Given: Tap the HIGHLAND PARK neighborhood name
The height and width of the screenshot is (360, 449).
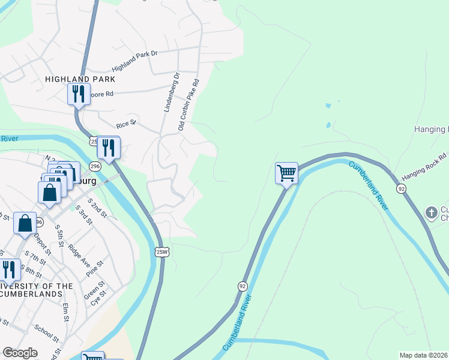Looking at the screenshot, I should (x=80, y=79).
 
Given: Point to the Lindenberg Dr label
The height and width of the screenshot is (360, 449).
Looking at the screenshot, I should (x=171, y=93).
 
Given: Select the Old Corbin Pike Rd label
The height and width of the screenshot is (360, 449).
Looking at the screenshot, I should (x=188, y=104).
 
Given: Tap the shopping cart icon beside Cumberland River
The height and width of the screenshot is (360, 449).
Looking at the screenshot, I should (x=287, y=173).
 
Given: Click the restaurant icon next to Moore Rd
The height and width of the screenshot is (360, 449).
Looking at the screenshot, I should (x=78, y=94).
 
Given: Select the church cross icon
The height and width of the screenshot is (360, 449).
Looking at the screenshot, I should (x=431, y=212).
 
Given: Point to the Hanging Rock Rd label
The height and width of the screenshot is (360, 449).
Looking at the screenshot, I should (x=424, y=166).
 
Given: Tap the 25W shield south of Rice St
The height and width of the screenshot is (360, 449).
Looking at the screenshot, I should (x=161, y=251).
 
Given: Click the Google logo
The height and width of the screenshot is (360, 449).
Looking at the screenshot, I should (x=20, y=353).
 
